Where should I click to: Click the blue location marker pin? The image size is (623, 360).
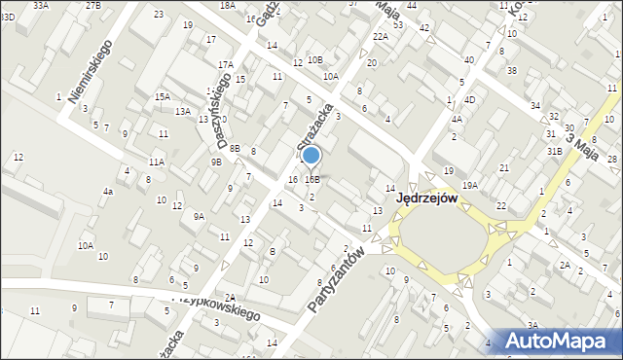311,156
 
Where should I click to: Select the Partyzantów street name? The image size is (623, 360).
336,280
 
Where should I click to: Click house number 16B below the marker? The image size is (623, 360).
311,179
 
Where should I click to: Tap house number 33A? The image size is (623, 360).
40,5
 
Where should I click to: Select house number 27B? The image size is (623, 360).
92,5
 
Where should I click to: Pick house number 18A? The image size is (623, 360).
227,5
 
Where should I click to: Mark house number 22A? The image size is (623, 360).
380,36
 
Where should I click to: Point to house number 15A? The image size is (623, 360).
163,96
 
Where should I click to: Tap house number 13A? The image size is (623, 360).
182,111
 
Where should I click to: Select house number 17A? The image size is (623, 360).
226,64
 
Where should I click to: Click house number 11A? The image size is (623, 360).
156,162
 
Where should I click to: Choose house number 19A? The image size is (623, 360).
470,185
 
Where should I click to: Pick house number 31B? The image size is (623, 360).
554,151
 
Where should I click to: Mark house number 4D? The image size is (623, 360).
469,99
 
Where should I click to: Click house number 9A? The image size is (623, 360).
199,216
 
